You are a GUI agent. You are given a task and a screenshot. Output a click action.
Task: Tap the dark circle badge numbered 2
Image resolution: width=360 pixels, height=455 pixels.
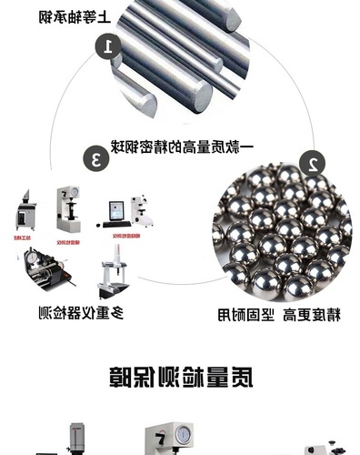312,166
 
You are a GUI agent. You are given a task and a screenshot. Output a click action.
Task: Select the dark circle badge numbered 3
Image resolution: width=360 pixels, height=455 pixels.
94,157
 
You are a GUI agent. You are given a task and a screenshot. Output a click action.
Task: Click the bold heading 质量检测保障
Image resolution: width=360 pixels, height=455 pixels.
180,375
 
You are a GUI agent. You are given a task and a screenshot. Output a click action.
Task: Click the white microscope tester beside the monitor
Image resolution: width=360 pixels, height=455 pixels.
142,210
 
